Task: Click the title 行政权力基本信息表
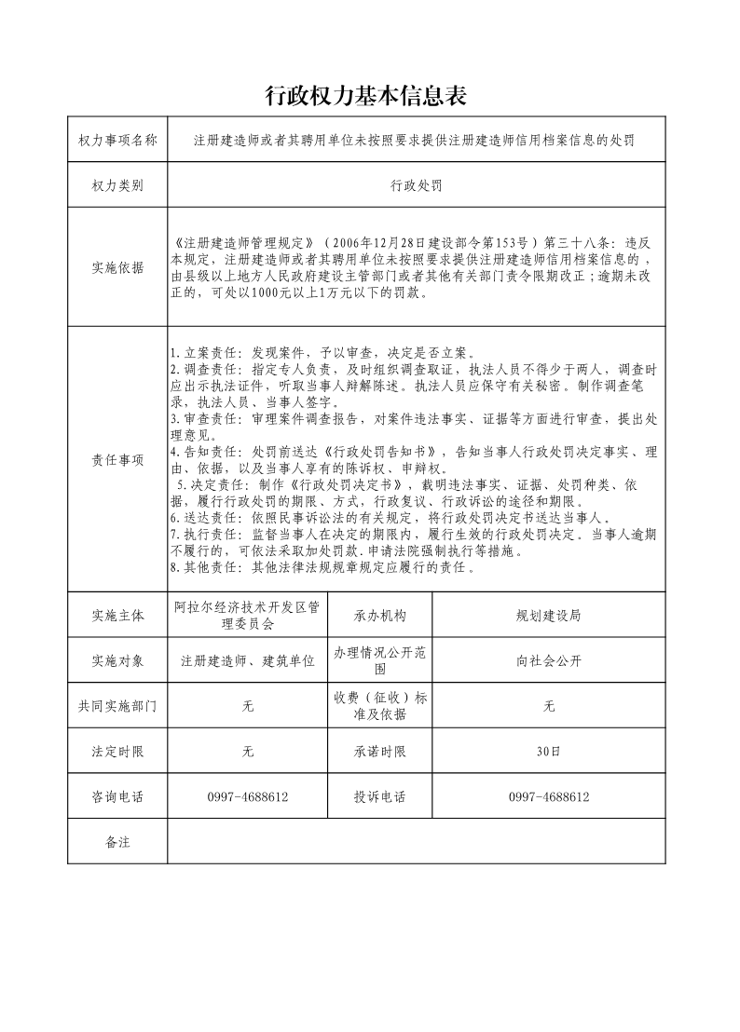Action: tap(365, 95)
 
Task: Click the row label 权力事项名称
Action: tap(117, 141)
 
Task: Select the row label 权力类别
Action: tap(117, 185)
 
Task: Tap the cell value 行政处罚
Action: tap(416, 185)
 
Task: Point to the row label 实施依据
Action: tap(117, 267)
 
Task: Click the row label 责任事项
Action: tap(117, 459)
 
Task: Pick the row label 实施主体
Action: tap(117, 616)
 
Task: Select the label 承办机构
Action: tap(379, 616)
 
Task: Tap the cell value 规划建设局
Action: tap(549, 616)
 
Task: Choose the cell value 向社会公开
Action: tap(549, 661)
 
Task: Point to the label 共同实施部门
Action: tap(117, 707)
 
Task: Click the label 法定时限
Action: tap(117, 752)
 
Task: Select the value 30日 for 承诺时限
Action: tap(549, 752)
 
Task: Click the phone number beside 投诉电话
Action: tap(549, 797)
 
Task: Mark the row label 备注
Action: tap(117, 842)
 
